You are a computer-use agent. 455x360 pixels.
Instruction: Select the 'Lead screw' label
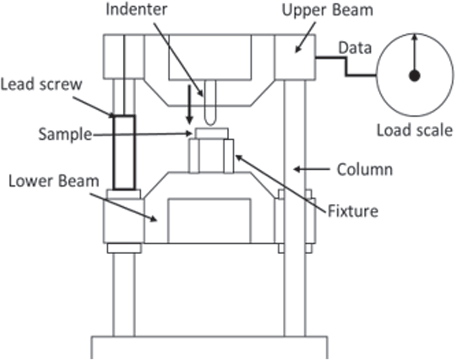point(41,85)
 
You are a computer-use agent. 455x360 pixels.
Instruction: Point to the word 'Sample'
point(65,134)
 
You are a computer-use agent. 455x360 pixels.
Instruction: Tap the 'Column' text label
point(364,170)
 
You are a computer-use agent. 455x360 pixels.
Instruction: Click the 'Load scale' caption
point(414,131)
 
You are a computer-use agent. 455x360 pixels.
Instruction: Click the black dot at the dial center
point(415,76)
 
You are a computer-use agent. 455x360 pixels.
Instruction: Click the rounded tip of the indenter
point(208,120)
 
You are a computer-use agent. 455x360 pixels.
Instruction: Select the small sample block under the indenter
point(211,133)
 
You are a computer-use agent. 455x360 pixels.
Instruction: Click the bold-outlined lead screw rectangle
point(124,152)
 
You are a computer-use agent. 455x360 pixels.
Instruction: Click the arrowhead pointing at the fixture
point(238,157)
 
